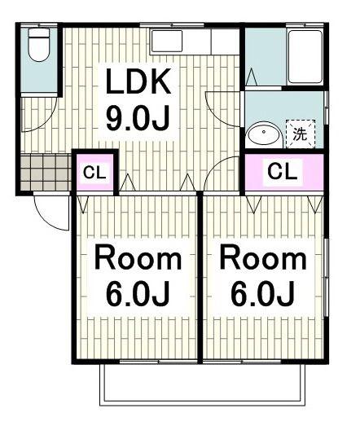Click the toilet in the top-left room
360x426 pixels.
[39, 45]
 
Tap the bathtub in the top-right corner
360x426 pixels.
[305, 57]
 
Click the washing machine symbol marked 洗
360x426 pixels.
[301, 134]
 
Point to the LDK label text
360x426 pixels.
[138, 81]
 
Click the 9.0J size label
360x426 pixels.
[138, 118]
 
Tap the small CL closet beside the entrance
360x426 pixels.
[94, 172]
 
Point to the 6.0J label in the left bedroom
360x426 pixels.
[138, 293]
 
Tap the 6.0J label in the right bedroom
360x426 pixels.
[262, 293]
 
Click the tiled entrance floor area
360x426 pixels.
[46, 172]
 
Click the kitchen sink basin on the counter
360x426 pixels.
[167, 41]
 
